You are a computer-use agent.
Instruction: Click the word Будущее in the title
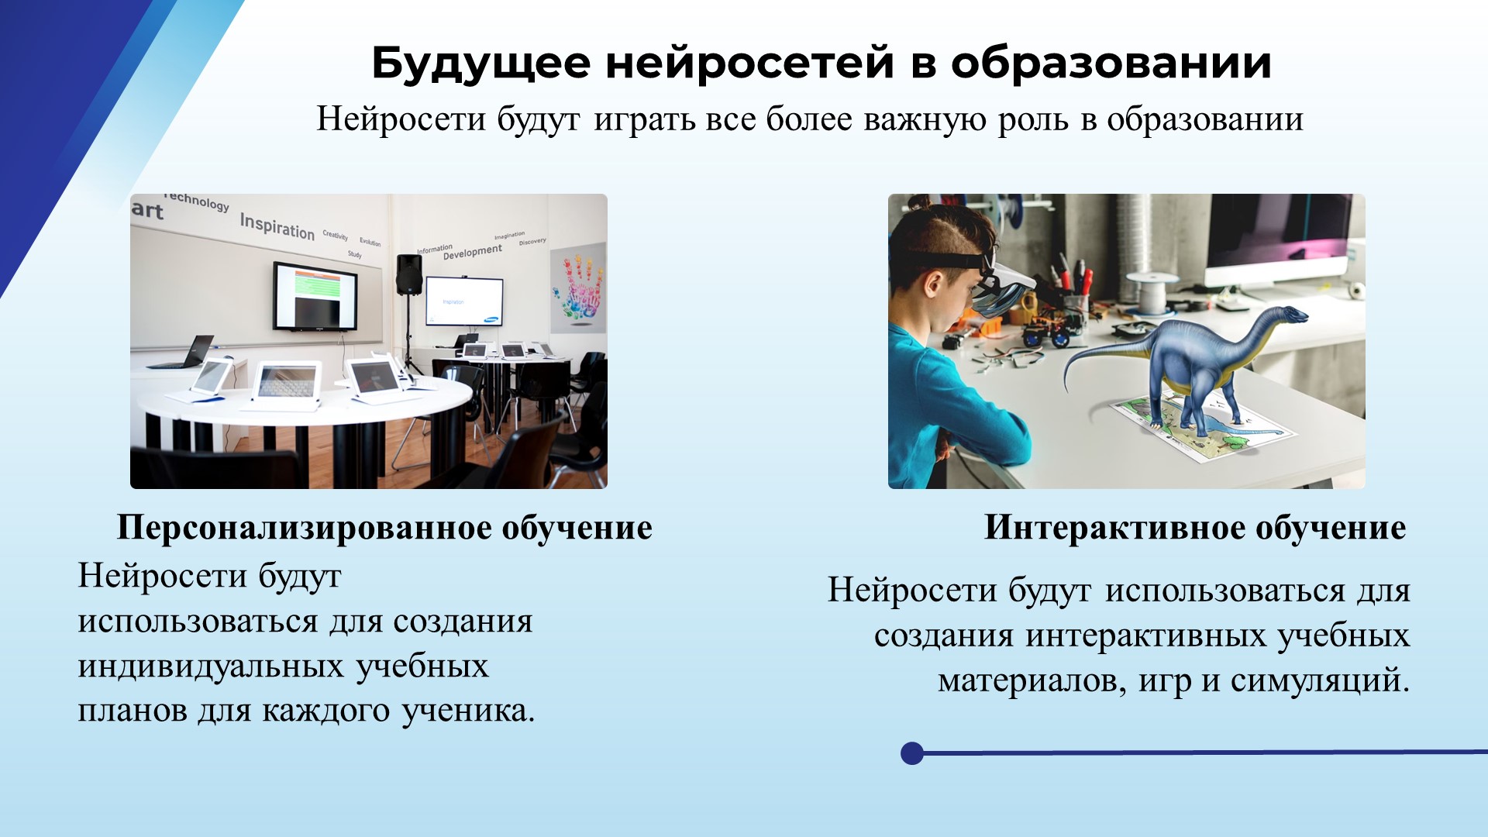480,64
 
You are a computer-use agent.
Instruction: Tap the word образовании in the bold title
1111,62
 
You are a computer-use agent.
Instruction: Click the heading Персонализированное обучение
384,528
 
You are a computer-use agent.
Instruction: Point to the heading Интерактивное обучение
1195,528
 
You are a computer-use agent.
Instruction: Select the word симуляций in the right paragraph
1320,681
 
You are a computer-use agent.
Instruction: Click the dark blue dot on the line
912,753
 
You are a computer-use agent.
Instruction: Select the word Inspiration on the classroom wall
277,226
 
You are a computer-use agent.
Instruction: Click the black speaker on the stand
409,275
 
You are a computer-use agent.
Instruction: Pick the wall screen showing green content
314,295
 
